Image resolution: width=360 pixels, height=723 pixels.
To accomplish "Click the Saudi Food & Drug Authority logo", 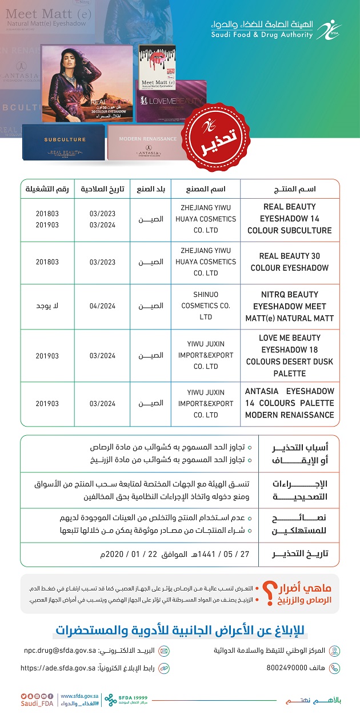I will click(x=328, y=30).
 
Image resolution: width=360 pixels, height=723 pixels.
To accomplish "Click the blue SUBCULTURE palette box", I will click(x=64, y=142).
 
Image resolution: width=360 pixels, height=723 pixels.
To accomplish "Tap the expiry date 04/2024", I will click(x=102, y=306).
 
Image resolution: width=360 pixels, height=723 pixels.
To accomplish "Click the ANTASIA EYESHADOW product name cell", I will click(x=290, y=403).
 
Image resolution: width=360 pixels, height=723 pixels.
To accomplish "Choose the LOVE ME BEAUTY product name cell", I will click(x=290, y=355).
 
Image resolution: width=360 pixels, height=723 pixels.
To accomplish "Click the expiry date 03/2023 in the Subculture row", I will click(x=102, y=214).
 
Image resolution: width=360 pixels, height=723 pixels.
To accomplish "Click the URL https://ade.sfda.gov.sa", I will click(x=58, y=668).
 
